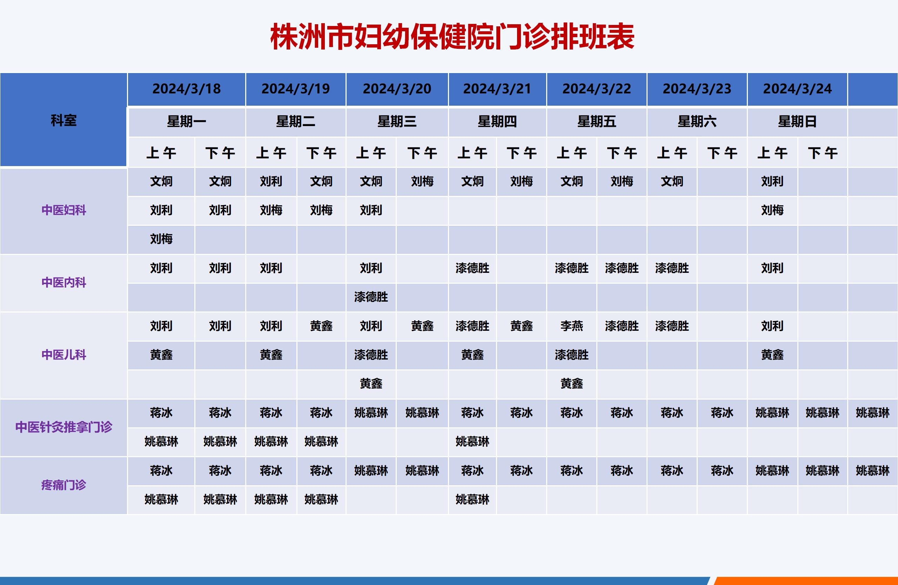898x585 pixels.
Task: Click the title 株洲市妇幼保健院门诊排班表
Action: pyautogui.click(x=452, y=37)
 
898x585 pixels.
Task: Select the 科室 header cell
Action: pyautogui.click(x=63, y=120)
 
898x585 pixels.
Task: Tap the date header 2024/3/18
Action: pyautogui.click(x=186, y=89)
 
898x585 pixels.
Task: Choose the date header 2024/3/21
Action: pyautogui.click(x=497, y=89)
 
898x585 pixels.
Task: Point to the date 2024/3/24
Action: pyautogui.click(x=797, y=89)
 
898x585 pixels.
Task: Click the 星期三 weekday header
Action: pyautogui.click(x=397, y=121)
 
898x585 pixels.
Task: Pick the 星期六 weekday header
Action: pyautogui.click(x=697, y=121)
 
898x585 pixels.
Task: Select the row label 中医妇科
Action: pyautogui.click(x=64, y=210)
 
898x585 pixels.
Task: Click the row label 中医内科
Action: pyautogui.click(x=64, y=282)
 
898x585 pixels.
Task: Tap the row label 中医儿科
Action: pyautogui.click(x=64, y=355)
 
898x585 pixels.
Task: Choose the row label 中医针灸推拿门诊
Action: pyautogui.click(x=64, y=427)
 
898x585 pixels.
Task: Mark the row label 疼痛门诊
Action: pyautogui.click(x=64, y=485)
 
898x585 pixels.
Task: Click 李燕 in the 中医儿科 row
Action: pyautogui.click(x=572, y=326)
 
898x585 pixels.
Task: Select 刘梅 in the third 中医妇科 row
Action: pyautogui.click(x=161, y=239)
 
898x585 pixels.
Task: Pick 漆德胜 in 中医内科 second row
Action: pyautogui.click(x=371, y=297)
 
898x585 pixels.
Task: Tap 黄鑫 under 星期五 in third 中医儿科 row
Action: pyautogui.click(x=572, y=384)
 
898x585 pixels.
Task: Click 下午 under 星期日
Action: pyautogui.click(x=823, y=153)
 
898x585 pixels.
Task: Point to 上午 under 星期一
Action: pyautogui.click(x=161, y=153)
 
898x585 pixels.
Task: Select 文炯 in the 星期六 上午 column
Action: pyautogui.click(x=672, y=181)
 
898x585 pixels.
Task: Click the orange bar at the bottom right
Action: pyautogui.click(x=806, y=581)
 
